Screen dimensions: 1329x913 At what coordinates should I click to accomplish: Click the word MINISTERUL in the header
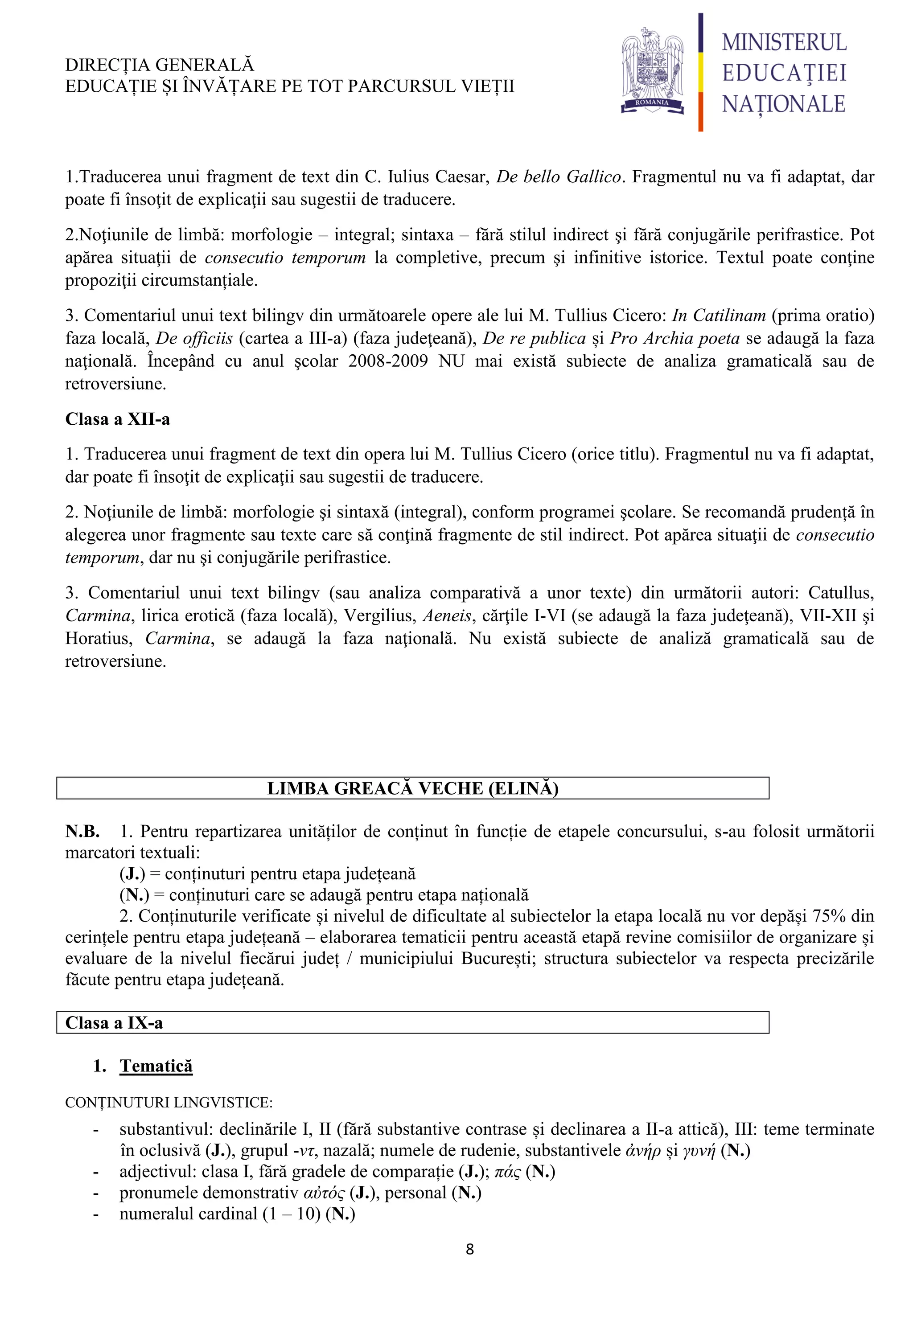784,42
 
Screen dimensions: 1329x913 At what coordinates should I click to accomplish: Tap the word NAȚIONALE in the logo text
783,104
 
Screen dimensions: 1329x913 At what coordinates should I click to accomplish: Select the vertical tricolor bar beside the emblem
701,72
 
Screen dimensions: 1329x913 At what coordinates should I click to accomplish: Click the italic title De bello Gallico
558,176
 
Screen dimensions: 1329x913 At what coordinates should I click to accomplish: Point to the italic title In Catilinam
719,315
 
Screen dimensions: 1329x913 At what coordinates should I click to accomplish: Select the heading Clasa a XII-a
117,419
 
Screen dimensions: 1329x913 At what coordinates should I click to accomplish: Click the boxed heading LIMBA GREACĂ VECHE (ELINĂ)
412,788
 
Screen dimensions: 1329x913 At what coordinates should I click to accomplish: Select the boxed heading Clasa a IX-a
114,1022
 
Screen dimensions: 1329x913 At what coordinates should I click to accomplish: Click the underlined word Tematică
156,1066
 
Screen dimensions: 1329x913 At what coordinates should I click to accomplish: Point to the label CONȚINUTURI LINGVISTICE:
169,1102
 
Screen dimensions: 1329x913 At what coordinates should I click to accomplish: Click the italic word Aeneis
447,615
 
